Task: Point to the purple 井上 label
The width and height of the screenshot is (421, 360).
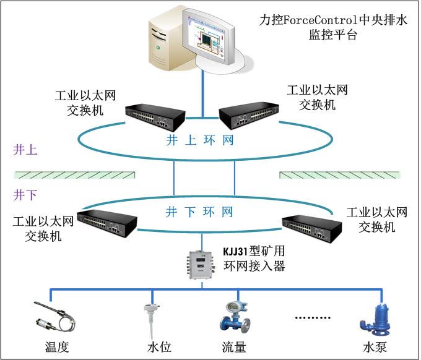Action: (x=25, y=150)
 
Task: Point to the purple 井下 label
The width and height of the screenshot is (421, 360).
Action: (x=25, y=195)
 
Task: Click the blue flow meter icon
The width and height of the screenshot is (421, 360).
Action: (x=235, y=317)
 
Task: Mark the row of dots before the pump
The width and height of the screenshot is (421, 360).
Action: (x=313, y=317)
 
